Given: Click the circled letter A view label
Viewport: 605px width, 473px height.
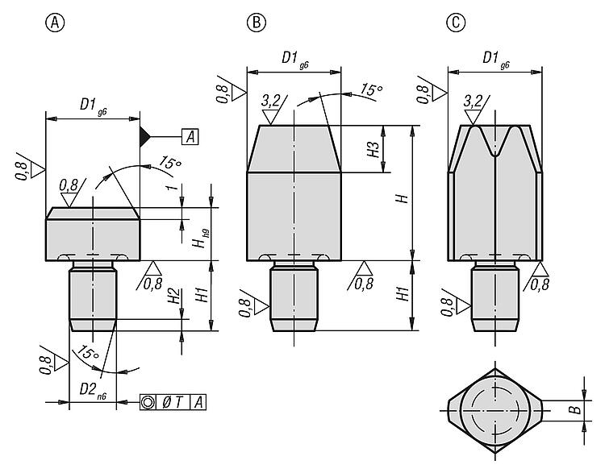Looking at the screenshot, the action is pos(55,23).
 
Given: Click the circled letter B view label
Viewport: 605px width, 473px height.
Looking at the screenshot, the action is pos(257,23).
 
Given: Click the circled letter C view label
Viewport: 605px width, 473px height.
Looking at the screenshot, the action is pos(456,23).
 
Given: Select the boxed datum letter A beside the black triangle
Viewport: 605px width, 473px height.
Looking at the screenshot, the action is pos(190,137).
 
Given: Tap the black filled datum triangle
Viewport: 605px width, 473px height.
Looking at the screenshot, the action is pos(144,137).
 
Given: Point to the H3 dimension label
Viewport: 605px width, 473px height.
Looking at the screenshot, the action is pos(373,149).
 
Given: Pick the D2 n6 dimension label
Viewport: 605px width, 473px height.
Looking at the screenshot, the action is pos(93,390).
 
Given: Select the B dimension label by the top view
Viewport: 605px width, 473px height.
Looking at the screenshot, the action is pos(576,409).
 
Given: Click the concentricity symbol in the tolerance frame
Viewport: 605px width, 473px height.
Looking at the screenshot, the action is pos(148,402).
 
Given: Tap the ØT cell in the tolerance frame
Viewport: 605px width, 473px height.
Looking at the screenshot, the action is pos(173,402).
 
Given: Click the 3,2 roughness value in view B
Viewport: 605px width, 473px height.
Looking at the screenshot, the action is pos(271,101).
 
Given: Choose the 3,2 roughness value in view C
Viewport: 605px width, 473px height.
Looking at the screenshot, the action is pos(473,101).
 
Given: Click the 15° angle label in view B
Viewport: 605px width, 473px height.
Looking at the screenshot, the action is pos(372,89).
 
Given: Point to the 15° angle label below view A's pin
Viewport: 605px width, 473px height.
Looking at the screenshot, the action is pos(88,353).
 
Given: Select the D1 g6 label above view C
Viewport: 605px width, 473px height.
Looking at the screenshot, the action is pos(496,59).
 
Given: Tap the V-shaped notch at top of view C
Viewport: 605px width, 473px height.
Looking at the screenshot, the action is pos(494,141).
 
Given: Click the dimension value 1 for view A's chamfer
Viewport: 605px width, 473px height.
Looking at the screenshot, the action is pos(173,188).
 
